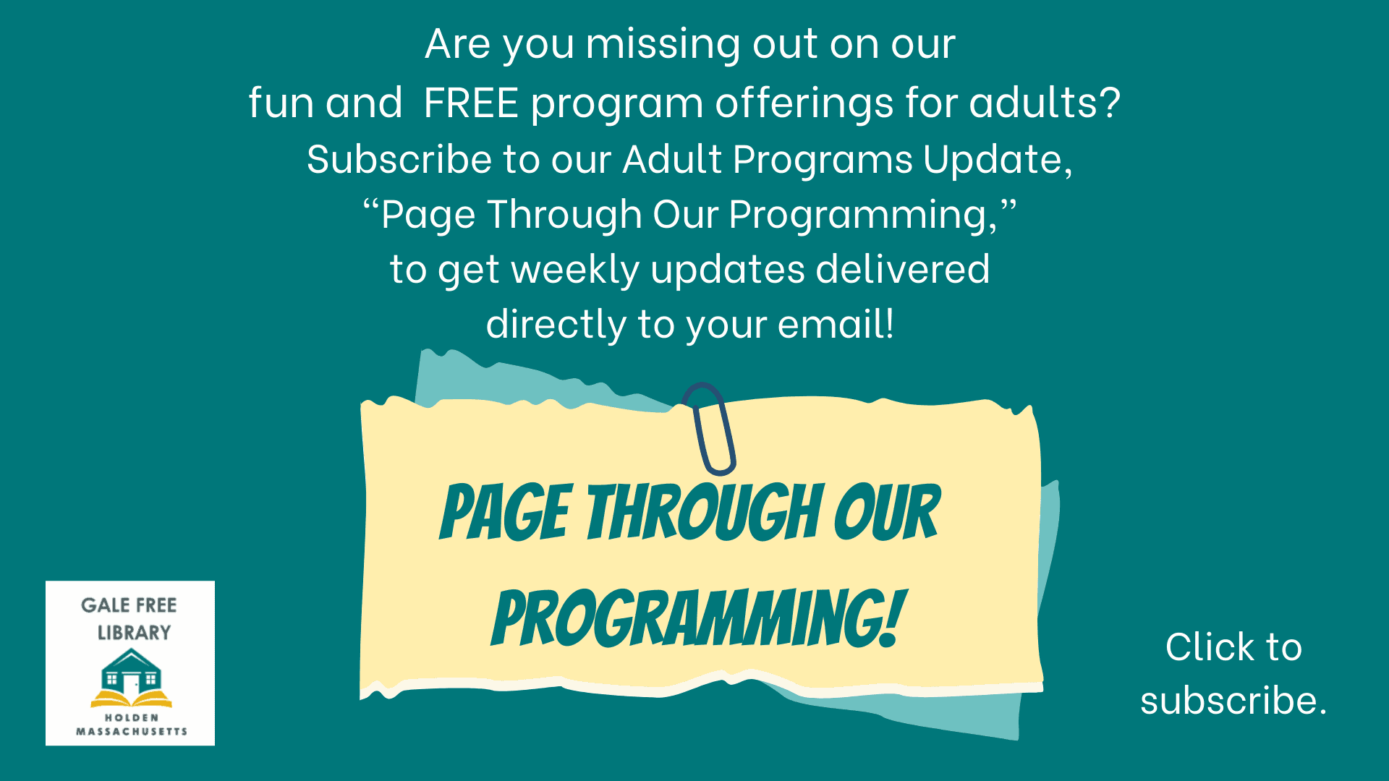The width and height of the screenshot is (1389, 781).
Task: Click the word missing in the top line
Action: (x=663, y=45)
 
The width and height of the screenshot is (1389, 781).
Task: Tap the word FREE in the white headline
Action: (x=471, y=102)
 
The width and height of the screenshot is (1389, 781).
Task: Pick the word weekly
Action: (x=575, y=270)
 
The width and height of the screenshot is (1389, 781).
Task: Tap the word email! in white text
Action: (x=836, y=323)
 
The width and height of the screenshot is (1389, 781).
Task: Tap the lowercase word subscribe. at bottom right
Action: (x=1233, y=700)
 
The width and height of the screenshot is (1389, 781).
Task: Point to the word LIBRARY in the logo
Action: (x=135, y=633)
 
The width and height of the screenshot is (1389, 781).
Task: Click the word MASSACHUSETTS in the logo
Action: (x=132, y=732)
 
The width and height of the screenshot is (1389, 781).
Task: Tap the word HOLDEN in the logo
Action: (x=132, y=718)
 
